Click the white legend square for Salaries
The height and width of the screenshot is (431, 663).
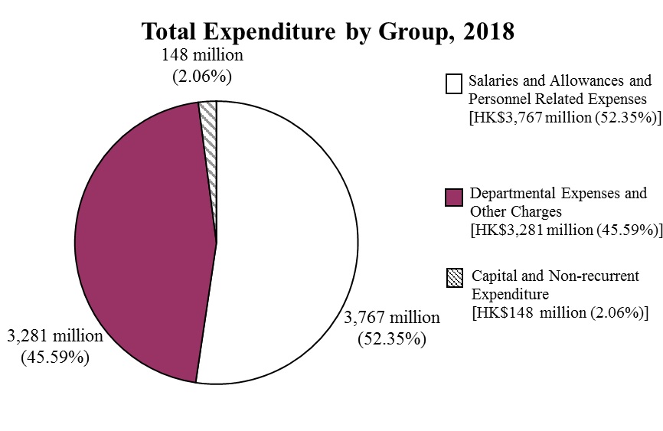coord(454,83)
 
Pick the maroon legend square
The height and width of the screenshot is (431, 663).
coord(454,198)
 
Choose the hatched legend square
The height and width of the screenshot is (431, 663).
coord(454,279)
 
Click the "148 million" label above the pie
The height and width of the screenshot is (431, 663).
coord(202,56)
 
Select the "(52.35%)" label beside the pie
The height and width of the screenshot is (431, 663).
coord(392,338)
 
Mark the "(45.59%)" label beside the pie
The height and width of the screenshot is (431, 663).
coord(54,357)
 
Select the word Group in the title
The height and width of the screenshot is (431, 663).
coord(413,32)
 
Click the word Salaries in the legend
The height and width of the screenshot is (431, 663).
coord(494,80)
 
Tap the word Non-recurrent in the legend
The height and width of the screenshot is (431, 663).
coord(596,276)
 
